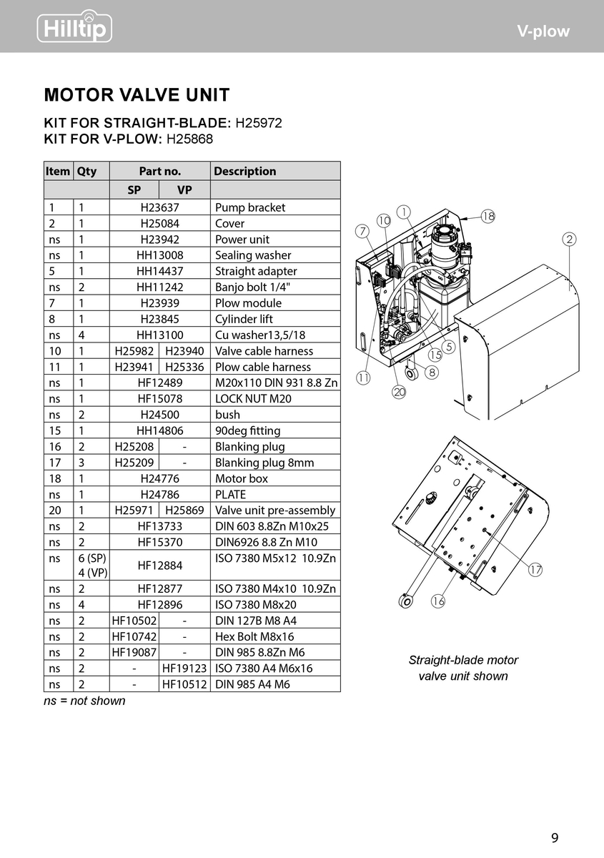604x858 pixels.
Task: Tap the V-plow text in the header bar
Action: tap(544, 31)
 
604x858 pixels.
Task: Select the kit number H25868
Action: tap(189, 139)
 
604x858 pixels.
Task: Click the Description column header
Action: tap(244, 171)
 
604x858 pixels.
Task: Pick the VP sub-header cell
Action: tap(184, 191)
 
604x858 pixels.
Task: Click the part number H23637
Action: tap(159, 207)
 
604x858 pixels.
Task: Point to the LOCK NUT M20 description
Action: tap(253, 399)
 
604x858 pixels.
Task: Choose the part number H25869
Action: tap(184, 511)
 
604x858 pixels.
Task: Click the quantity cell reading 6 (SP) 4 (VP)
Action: tap(91, 566)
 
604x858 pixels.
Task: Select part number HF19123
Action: tap(184, 669)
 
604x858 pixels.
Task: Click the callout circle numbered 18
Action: tap(488, 216)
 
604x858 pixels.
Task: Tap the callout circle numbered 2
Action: tap(570, 240)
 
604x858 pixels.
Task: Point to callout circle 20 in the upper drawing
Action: tap(399, 391)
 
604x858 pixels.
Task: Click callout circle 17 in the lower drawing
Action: tap(535, 570)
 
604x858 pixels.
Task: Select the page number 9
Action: tap(555, 838)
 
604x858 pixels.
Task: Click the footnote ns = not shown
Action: tap(84, 701)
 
